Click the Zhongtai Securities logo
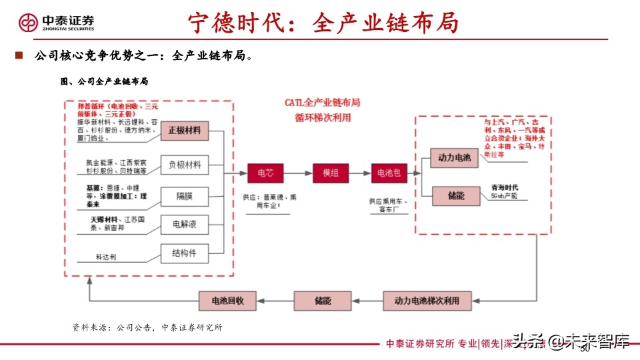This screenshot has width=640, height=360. click(x=56, y=22)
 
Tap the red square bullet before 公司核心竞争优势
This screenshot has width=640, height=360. click(x=19, y=55)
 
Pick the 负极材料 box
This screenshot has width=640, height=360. click(x=185, y=164)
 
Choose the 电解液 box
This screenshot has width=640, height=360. click(x=185, y=224)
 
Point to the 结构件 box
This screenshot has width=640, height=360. click(x=185, y=253)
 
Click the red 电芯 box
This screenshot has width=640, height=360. click(x=265, y=173)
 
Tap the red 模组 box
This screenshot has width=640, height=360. click(x=331, y=173)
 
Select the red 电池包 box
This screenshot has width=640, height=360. click(x=390, y=173)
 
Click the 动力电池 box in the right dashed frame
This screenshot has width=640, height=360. click(x=454, y=158)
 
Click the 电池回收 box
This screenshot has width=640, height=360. click(x=228, y=301)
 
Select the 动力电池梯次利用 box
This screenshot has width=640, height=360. click(x=427, y=301)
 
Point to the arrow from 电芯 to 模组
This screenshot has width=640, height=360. click(x=298, y=173)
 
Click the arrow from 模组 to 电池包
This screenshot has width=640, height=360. click(x=360, y=173)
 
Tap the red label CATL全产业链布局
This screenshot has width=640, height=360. click(x=323, y=103)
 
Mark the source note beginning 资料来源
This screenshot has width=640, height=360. click(x=147, y=327)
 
